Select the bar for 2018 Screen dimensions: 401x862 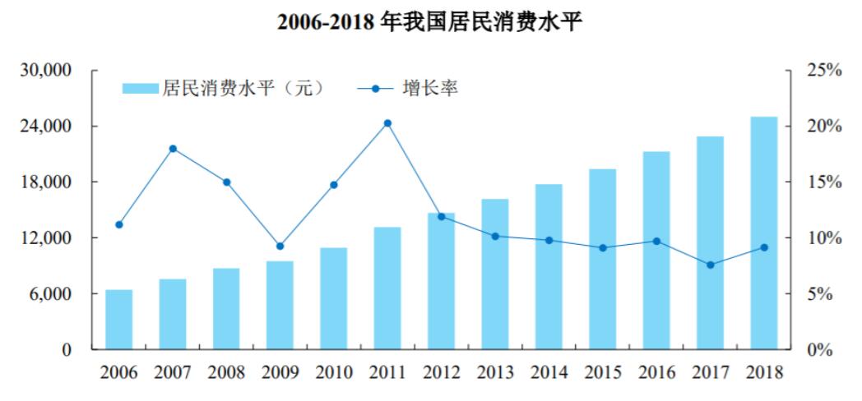763,233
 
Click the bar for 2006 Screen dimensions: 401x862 118,320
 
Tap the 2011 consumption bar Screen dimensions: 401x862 387,288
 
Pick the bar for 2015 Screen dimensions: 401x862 602,260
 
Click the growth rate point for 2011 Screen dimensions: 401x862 387,123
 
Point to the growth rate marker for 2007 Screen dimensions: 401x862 173,149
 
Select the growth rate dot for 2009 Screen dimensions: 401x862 280,246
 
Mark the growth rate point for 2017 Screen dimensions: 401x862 710,265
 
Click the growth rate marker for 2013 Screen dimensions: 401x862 494,236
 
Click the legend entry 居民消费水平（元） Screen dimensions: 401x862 223,88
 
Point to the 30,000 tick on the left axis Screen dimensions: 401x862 47,71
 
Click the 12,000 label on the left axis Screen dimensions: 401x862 47,238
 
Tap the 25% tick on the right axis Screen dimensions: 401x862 824,71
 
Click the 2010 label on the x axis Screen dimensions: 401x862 333,372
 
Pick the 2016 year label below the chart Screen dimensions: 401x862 656,372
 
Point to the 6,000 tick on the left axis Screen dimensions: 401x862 51,294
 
